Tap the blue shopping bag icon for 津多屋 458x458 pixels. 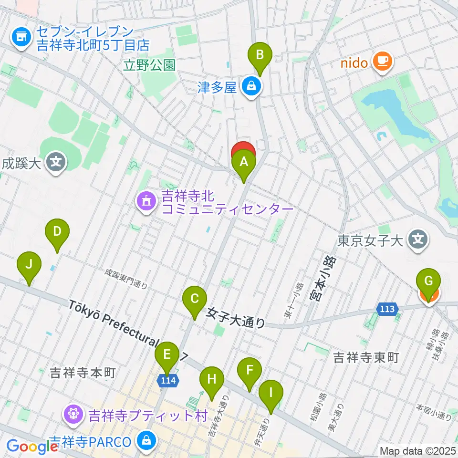click(x=250, y=86)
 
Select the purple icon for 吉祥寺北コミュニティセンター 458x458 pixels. click(x=146, y=202)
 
